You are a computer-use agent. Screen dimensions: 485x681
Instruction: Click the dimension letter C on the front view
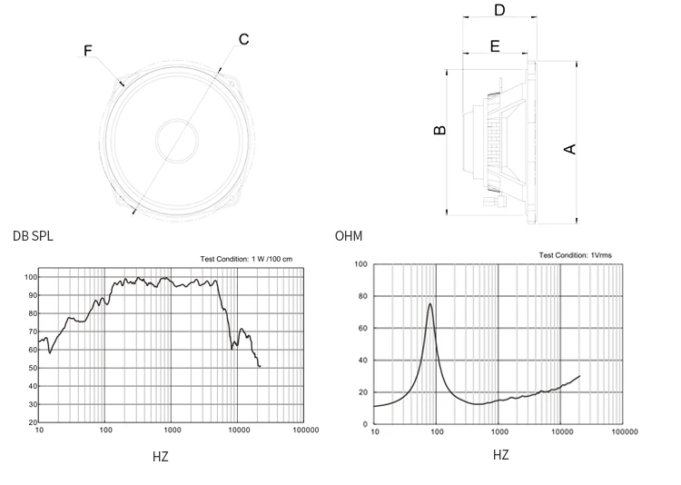coord(243,39)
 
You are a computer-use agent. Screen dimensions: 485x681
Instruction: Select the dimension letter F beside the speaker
coord(88,51)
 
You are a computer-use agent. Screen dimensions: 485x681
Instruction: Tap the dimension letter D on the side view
coord(499,11)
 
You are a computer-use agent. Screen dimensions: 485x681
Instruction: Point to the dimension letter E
coord(495,45)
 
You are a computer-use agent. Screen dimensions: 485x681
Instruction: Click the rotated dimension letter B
coord(440,130)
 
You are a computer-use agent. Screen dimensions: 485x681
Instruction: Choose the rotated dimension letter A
coord(571,148)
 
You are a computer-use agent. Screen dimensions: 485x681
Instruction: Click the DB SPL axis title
coord(33,237)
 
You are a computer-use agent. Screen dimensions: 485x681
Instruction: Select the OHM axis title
coord(349,237)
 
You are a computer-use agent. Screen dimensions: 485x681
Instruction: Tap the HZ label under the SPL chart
coord(161,457)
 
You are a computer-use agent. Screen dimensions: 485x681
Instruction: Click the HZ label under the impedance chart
coord(501,454)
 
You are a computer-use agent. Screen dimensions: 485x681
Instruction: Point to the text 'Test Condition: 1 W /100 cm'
coord(246,260)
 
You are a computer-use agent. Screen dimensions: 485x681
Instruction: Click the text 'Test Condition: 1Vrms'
coord(575,256)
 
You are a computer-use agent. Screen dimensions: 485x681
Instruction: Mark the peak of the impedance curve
coord(430,304)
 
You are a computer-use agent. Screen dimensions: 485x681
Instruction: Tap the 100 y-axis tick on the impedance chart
coord(360,264)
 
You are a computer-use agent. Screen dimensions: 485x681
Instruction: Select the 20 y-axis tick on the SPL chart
coord(33,423)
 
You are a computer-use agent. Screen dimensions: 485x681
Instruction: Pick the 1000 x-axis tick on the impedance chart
coord(498,432)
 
